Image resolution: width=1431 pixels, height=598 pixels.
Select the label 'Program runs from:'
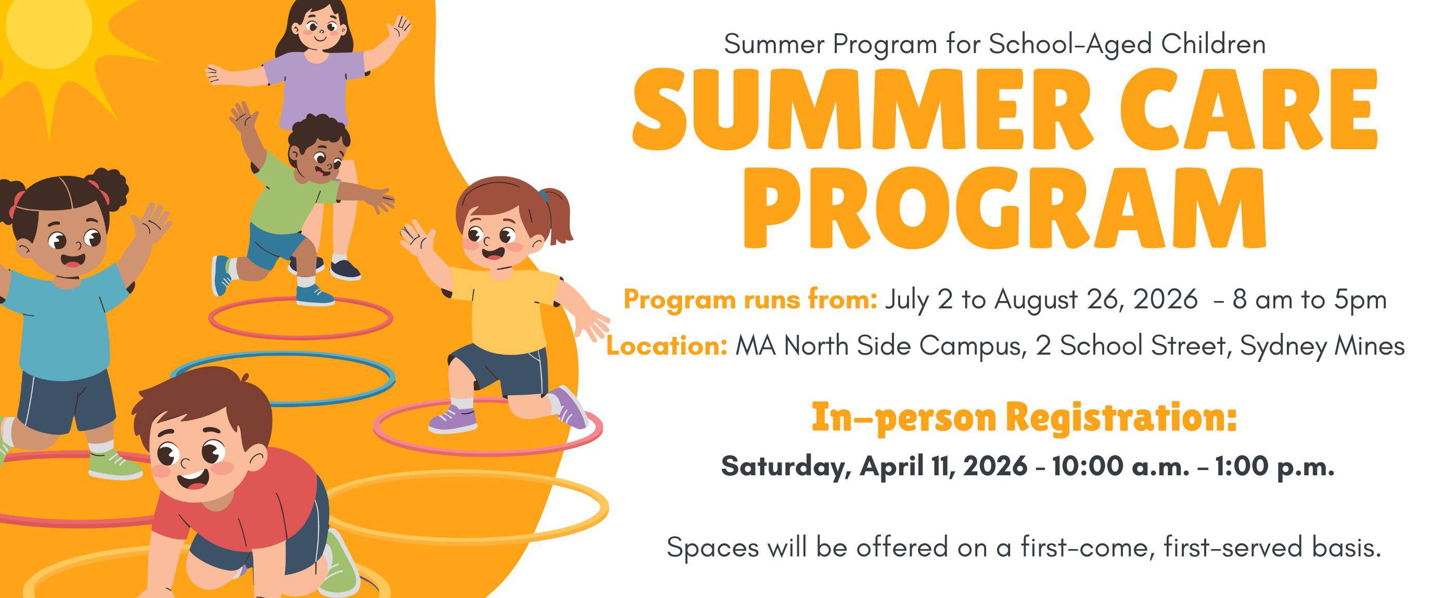pos(750,301)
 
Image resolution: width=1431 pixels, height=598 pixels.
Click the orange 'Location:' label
pos(667,345)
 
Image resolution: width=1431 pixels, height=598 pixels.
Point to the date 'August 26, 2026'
pos(1095,301)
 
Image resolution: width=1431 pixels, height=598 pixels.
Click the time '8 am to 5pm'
pos(1309,301)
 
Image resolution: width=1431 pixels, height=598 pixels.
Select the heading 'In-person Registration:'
pos(1025,417)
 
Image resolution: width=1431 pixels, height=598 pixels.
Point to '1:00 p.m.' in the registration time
pos(1275,467)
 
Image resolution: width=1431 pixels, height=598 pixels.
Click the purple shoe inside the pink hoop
pos(452,420)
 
